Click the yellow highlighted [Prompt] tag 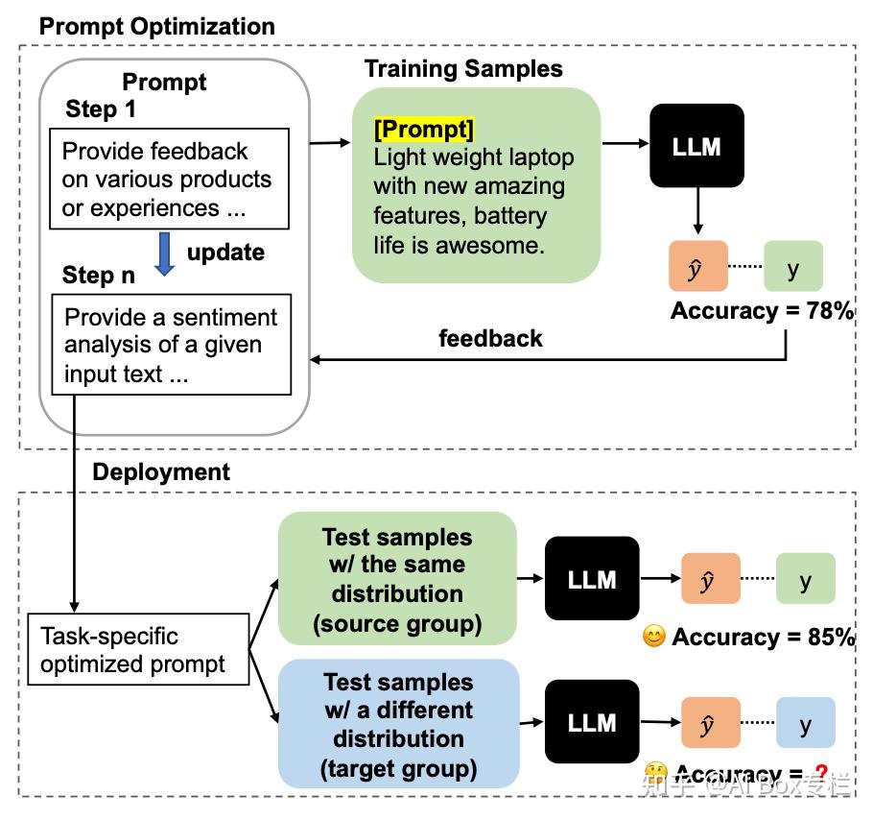click(424, 130)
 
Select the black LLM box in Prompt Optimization click(696, 146)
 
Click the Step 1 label click(101, 109)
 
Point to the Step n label click(99, 276)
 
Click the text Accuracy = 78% click(762, 311)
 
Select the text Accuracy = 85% click(763, 638)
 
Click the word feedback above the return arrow click(490, 338)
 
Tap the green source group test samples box click(397, 579)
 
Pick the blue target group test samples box click(398, 724)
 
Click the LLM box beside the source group click(592, 579)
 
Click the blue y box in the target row click(805, 723)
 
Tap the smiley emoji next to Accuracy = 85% click(654, 637)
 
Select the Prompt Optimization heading click(156, 26)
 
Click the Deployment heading click(161, 471)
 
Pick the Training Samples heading click(463, 69)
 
